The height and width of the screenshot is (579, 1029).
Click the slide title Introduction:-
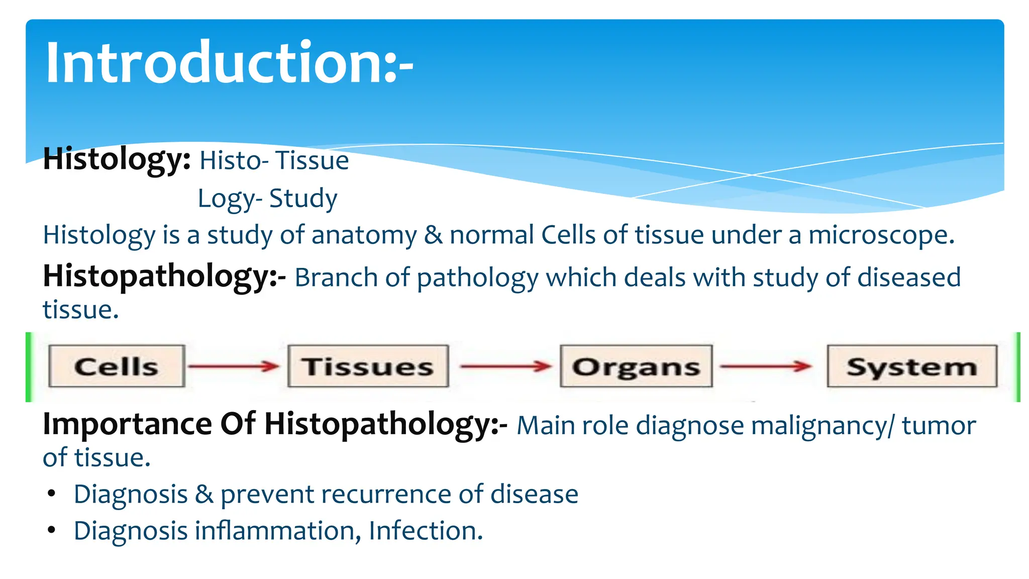coord(229,63)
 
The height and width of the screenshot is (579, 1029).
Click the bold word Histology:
coord(117,160)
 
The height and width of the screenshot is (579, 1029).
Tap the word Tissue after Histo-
coord(312,161)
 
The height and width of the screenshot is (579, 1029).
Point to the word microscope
coord(881,235)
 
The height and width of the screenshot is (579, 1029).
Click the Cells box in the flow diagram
coord(117,366)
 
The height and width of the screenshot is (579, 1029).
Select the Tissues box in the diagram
coord(368,366)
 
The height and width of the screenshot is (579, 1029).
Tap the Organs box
coord(636,366)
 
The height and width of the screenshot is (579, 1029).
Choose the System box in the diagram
coord(911,366)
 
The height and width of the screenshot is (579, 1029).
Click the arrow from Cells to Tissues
coord(234,366)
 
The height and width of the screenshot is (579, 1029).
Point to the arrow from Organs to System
coord(766,366)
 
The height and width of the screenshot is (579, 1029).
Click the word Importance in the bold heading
coord(127,424)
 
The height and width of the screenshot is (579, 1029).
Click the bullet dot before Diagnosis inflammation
coord(51,530)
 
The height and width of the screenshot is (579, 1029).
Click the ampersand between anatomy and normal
coord(433,235)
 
